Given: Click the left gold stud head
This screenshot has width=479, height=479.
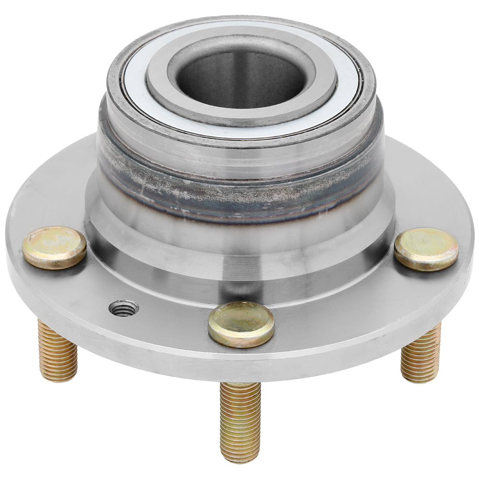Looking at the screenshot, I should tap(54, 247).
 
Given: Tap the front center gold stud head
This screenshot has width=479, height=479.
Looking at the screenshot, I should tap(241, 324).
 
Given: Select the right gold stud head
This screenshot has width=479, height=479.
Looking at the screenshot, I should tap(426, 249).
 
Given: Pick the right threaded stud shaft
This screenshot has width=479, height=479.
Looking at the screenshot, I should tap(421, 354).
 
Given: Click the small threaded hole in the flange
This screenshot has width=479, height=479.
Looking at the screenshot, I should tap(124, 308).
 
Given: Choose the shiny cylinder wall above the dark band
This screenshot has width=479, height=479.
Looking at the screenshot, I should tap(239, 153).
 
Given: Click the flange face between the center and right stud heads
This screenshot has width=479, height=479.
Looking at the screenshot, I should tap(335, 307).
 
